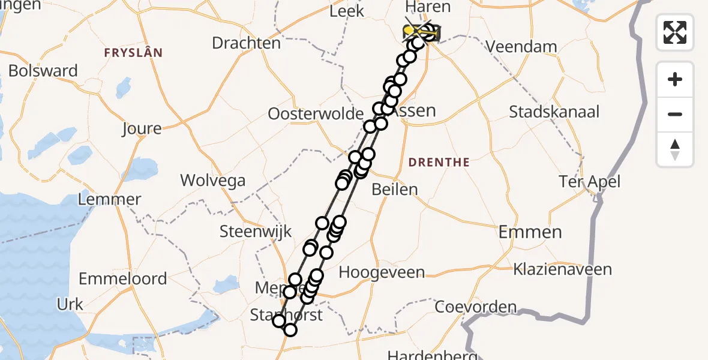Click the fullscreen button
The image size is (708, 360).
pos(675,32)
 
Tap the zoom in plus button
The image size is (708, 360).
pos(675,79)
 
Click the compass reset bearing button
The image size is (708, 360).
pos(675,149)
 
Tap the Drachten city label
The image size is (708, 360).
pos(246,43)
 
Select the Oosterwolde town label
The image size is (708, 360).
pos(316,113)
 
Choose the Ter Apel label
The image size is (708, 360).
pos(589,181)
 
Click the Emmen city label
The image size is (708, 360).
pos(530,232)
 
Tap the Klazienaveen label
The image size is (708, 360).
pos(562,269)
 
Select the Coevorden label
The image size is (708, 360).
pos(476,307)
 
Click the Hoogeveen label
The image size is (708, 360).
pos(382,272)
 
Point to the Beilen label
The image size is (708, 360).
pos(394,190)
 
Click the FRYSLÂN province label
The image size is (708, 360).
pos(133,53)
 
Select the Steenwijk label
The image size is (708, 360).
pos(256,231)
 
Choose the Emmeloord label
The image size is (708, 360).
pos(123,278)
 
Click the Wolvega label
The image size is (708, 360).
pos(213,180)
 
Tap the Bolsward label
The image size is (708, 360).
pos(43,71)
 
